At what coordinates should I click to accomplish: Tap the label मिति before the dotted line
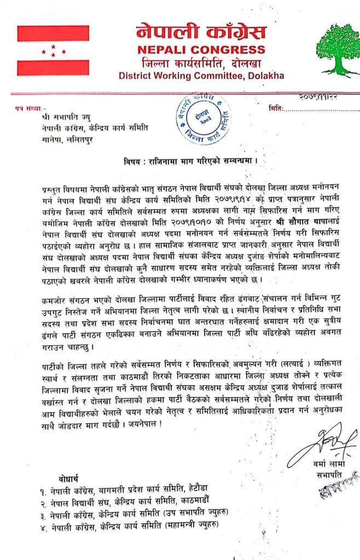click(x=276, y=109)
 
